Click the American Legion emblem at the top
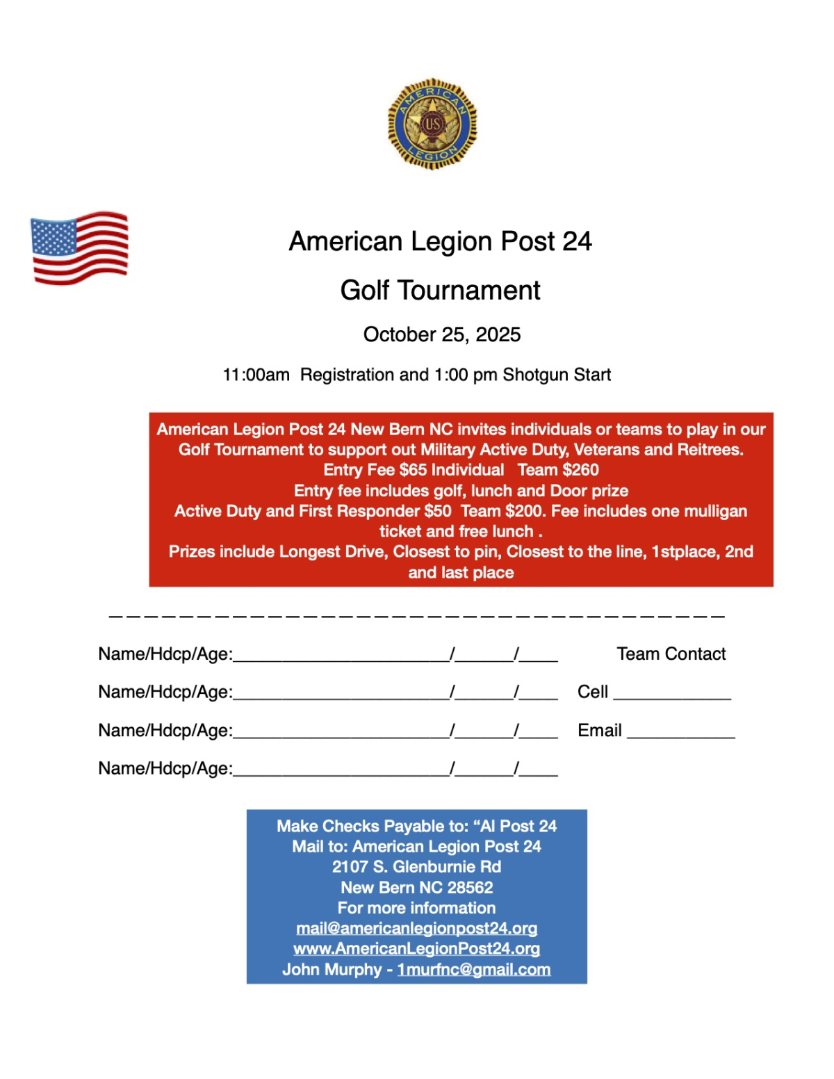432,124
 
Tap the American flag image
79,248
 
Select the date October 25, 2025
442,334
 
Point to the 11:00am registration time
256,375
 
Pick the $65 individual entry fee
414,470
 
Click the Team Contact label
671,654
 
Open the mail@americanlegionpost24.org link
416,929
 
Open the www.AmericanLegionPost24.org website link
416,949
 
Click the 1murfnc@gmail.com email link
474,970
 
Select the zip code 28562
470,888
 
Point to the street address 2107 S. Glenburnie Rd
416,867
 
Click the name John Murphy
332,970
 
